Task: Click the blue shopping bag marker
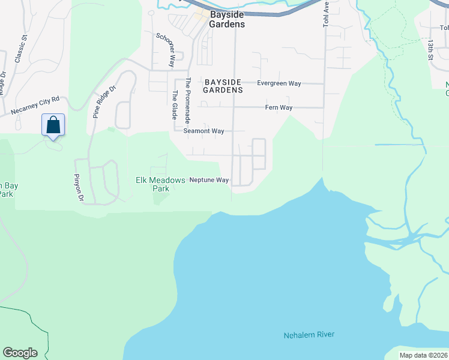53,125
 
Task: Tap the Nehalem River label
309,335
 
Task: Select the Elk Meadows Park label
152,184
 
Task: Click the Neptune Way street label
209,180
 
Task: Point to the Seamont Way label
203,131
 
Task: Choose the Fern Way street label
279,108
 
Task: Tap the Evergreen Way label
279,83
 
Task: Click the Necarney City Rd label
35,106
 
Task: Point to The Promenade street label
188,99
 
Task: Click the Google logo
20,353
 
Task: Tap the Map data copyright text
423,355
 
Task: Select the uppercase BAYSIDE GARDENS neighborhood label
222,86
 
